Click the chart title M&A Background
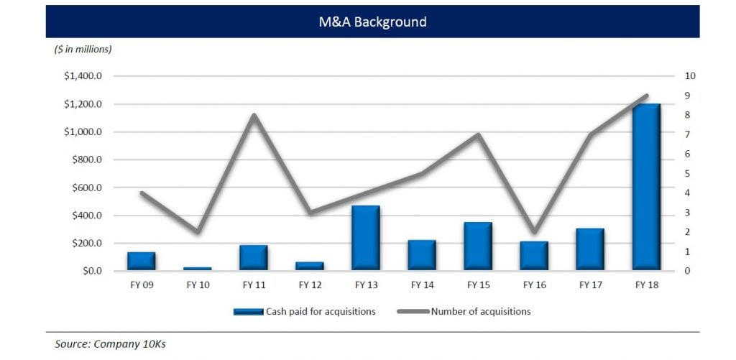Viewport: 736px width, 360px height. click(372, 22)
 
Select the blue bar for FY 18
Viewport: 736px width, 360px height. click(646, 188)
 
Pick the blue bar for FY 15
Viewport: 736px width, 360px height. click(478, 246)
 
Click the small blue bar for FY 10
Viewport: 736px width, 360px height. click(198, 269)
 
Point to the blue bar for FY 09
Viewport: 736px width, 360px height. click(142, 262)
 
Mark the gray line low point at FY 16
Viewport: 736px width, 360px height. click(534, 232)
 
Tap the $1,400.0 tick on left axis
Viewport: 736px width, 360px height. click(84, 76)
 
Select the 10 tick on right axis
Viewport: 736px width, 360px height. click(691, 76)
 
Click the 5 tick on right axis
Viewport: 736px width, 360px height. click(688, 174)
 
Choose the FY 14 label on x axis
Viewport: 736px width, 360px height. click(422, 285)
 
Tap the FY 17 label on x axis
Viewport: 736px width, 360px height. click(590, 285)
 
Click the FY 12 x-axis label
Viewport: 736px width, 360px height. click(310, 285)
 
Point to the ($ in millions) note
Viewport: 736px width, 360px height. click(83, 49)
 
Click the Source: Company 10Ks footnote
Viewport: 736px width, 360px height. click(110, 344)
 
